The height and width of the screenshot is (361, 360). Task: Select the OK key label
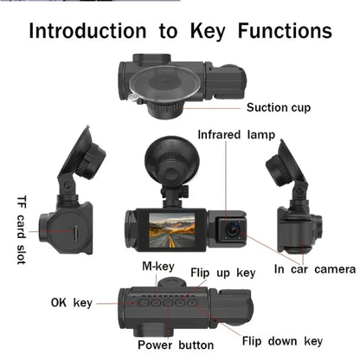click(70, 303)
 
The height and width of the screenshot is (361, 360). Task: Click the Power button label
click(176, 345)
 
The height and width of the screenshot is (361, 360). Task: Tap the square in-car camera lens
click(232, 227)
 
